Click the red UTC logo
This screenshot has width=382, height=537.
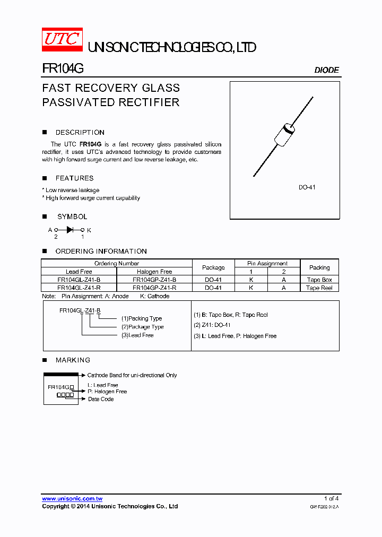(x=62, y=40)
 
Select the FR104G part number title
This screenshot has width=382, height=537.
(x=63, y=69)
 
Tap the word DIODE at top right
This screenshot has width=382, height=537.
(x=326, y=70)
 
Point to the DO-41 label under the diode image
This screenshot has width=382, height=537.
(x=307, y=187)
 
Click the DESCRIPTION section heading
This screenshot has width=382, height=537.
(x=80, y=133)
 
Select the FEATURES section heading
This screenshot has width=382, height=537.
(x=74, y=178)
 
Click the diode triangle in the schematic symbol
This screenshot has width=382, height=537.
(x=70, y=230)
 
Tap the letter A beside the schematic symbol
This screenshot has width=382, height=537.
(x=50, y=230)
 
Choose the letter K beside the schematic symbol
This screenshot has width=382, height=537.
(x=89, y=230)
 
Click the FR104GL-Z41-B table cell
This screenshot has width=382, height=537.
(x=79, y=280)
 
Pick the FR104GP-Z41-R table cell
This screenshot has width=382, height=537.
(x=154, y=288)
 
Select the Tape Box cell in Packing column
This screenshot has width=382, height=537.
(x=319, y=280)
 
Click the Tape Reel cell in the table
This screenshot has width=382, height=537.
(x=319, y=288)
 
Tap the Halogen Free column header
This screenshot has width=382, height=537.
(x=154, y=272)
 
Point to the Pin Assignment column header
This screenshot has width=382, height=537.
(x=267, y=263)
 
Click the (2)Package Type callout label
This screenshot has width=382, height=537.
(x=142, y=327)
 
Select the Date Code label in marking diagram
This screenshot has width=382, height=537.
(x=101, y=399)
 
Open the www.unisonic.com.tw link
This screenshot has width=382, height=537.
(x=72, y=499)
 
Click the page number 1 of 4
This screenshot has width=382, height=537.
(x=331, y=498)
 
